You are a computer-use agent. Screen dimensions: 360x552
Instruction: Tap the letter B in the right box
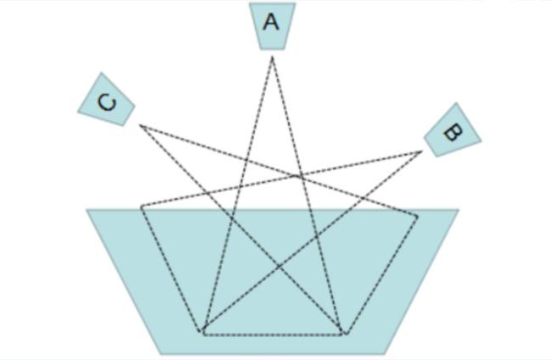[452, 132]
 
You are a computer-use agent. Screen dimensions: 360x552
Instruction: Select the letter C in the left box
[106, 102]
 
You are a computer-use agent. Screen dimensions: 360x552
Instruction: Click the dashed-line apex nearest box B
[421, 152]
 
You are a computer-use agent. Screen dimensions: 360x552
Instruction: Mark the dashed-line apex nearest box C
[141, 126]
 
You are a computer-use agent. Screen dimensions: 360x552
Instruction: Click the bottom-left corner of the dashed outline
[202, 333]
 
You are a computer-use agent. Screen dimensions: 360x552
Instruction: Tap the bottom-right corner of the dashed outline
[343, 333]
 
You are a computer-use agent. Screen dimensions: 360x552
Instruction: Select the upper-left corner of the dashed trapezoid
[142, 206]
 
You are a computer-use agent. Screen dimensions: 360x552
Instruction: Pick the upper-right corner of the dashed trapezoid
[418, 216]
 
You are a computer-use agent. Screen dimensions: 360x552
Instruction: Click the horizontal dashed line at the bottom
[272, 334]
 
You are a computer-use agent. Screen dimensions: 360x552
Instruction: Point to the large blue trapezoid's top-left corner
[87, 210]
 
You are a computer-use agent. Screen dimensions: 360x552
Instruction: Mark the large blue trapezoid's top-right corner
[459, 210]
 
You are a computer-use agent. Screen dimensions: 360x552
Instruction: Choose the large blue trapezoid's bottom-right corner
[386, 353]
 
